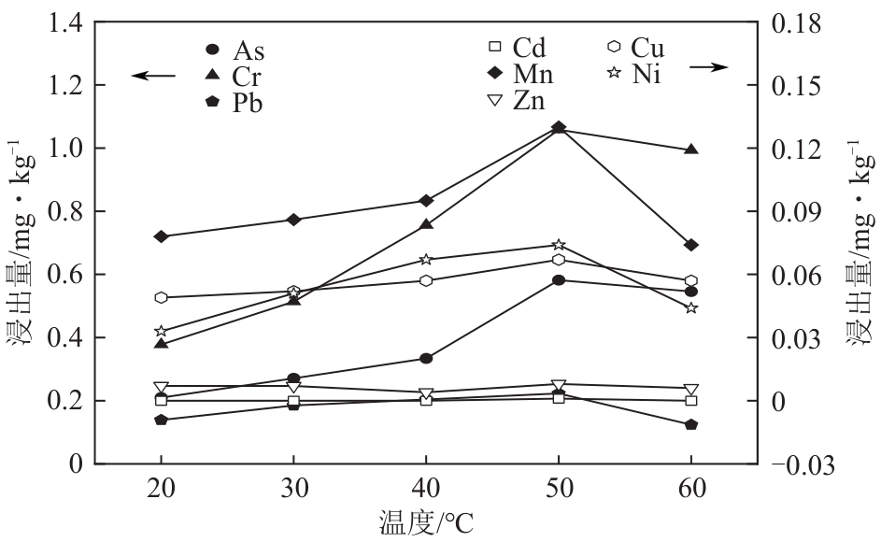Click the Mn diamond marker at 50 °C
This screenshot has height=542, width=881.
pos(559,127)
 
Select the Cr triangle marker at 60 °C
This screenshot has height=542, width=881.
pos(691,149)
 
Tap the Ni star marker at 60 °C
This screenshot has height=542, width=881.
pos(691,307)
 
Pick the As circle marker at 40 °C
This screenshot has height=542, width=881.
pos(426,358)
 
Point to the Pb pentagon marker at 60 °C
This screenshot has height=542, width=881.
pos(691,424)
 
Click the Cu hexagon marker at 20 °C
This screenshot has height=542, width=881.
pos(162,297)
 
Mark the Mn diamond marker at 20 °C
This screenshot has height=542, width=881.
pos(162,236)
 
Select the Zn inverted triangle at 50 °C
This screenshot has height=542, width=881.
pos(559,385)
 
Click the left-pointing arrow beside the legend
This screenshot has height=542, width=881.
pos(152,75)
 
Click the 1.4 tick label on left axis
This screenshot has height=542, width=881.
pos(59,22)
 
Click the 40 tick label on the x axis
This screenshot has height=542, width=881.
pos(426,489)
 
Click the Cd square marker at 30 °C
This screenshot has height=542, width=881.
pos(293,402)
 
